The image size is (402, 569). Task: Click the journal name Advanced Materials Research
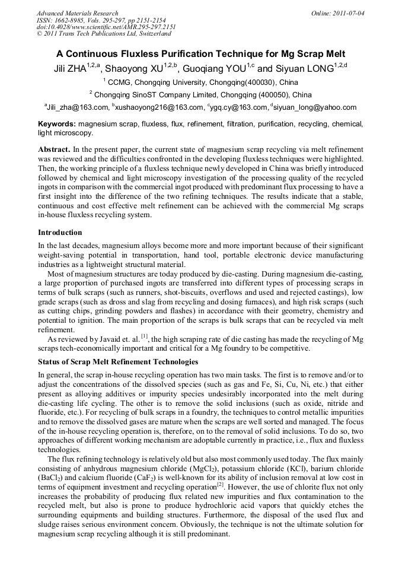(77, 13)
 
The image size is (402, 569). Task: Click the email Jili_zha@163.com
(78, 107)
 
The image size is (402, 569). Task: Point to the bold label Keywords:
(57, 124)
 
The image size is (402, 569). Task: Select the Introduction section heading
(60, 232)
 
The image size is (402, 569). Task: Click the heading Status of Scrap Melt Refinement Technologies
(118, 361)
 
